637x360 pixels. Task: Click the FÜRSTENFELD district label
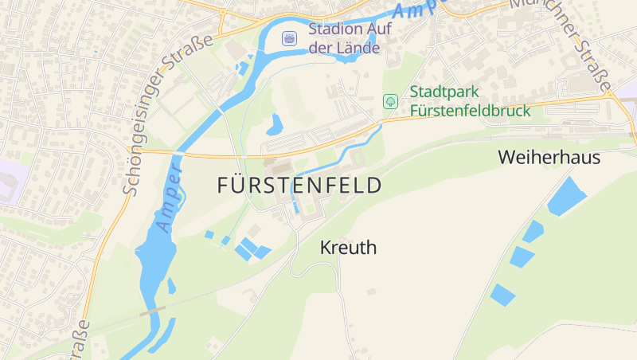(x=299, y=186)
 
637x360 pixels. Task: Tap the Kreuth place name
(x=348, y=248)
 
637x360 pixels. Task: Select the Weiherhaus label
(x=549, y=158)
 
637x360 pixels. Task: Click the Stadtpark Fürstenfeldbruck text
(x=470, y=101)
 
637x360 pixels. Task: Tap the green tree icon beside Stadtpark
(x=390, y=101)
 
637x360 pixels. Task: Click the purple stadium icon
(x=289, y=37)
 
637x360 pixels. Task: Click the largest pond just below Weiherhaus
(x=567, y=196)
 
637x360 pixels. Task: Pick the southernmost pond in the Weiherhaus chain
(x=502, y=295)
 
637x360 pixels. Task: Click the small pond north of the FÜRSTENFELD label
(x=276, y=124)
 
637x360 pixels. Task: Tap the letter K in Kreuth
(x=326, y=248)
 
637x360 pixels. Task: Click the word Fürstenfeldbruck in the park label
(x=470, y=111)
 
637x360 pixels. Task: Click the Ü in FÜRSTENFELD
(x=240, y=186)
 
